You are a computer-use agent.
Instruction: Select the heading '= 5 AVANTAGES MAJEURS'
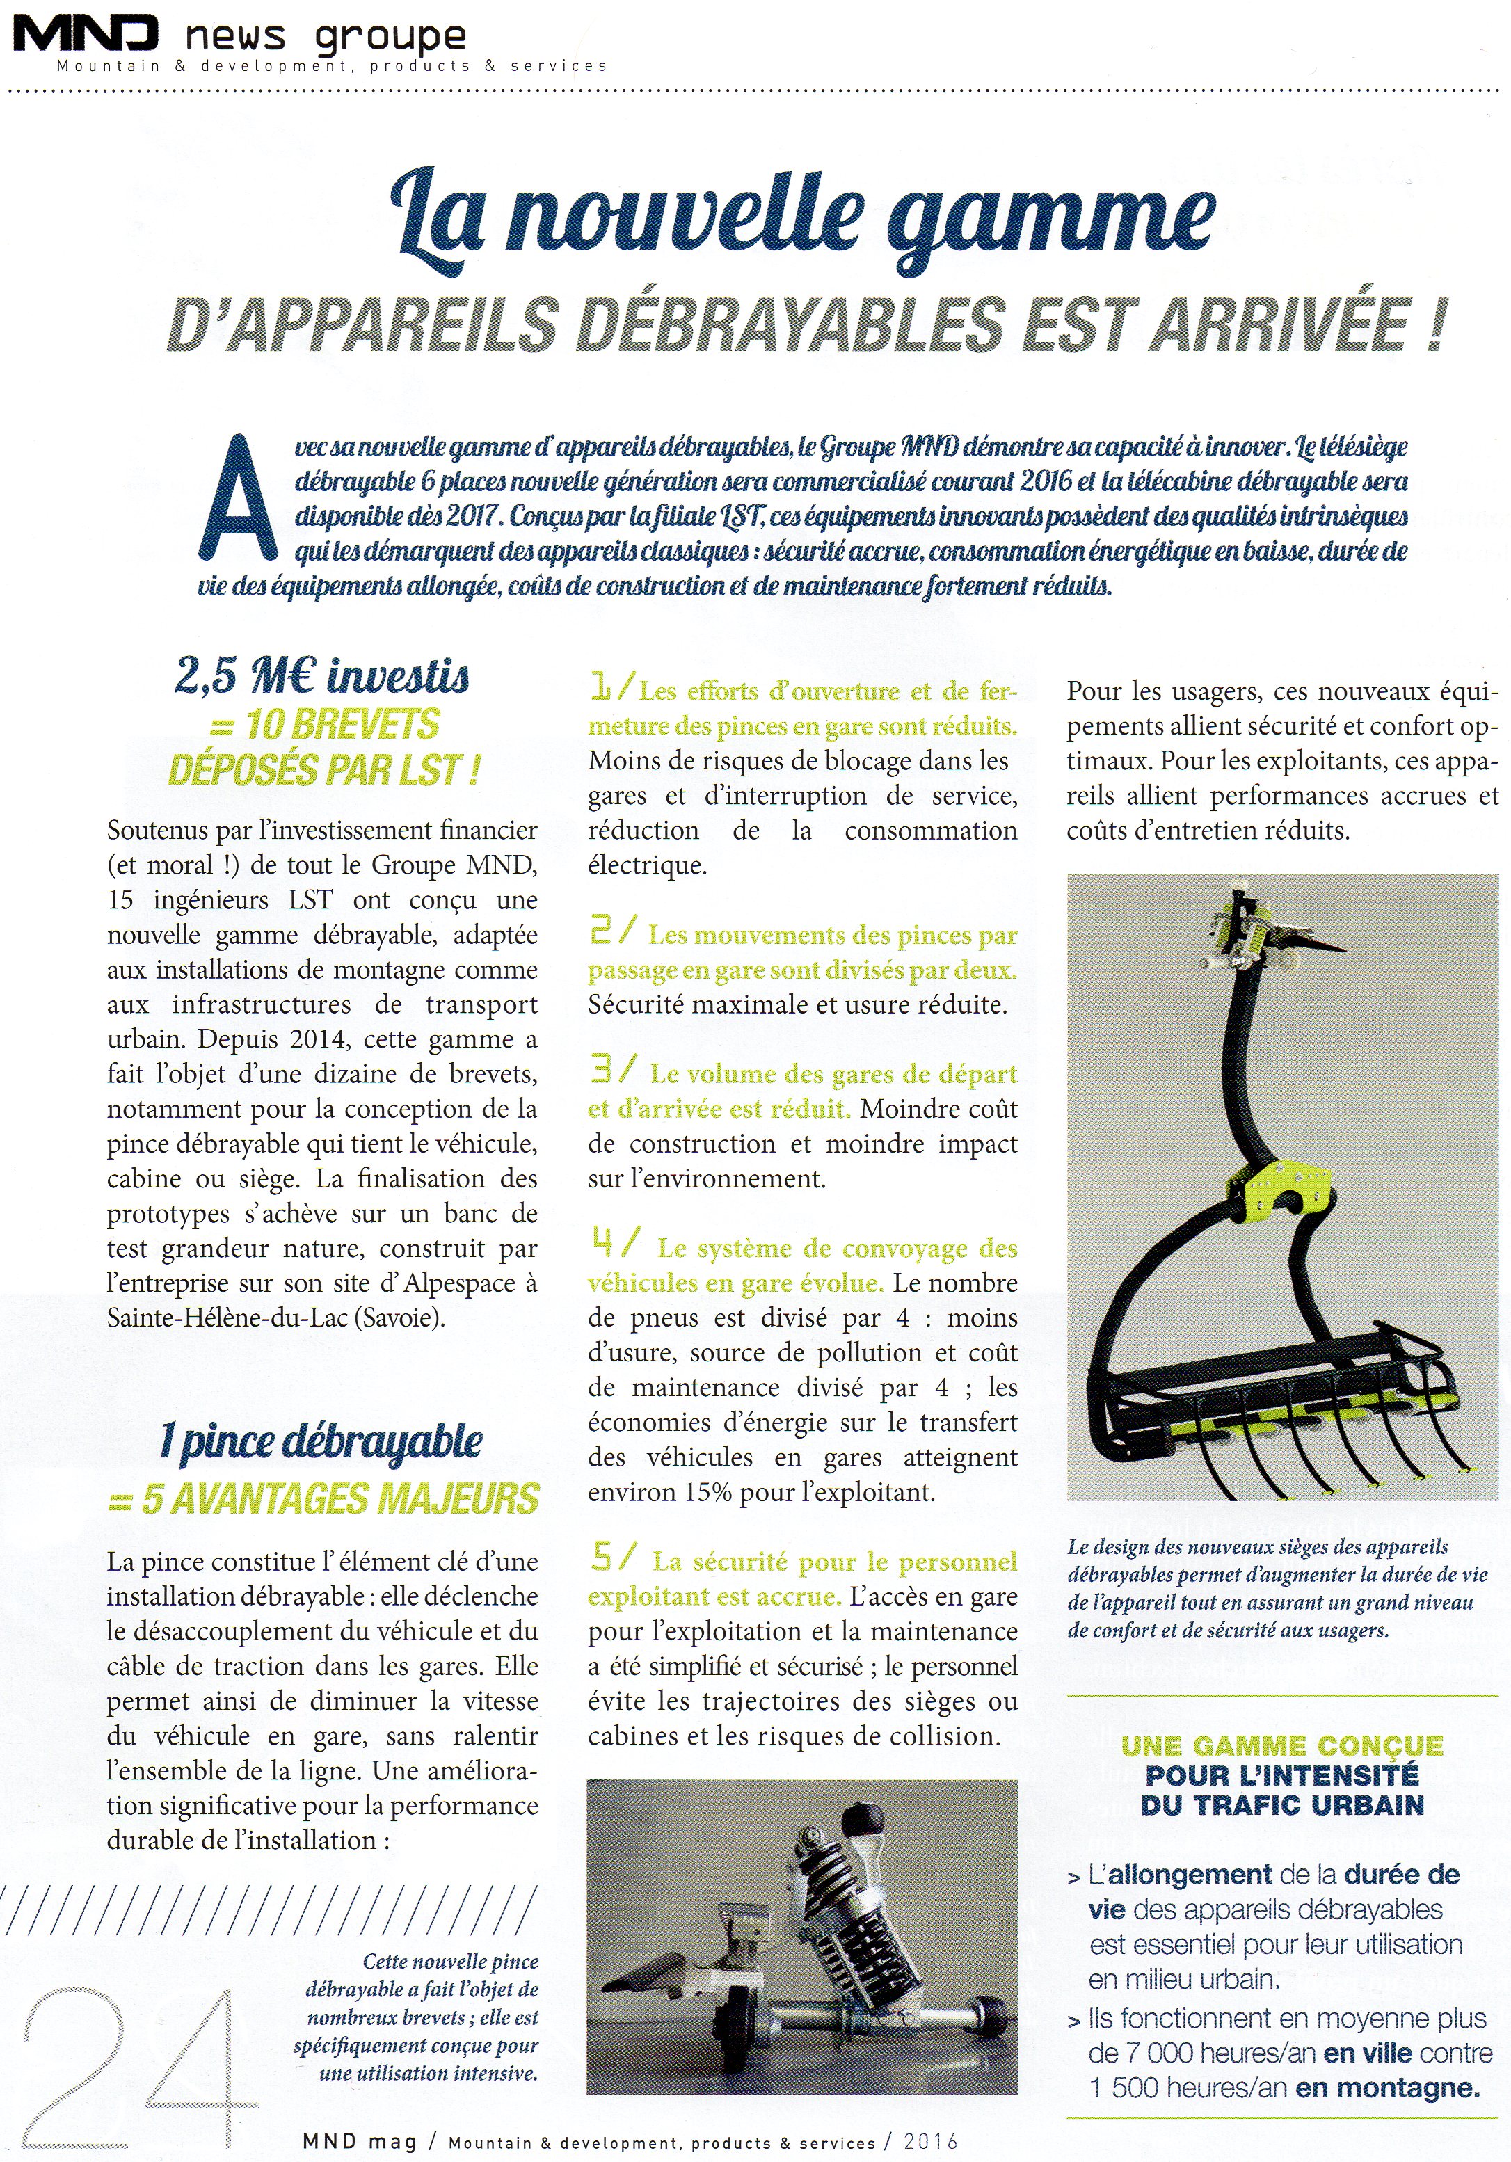(323, 1499)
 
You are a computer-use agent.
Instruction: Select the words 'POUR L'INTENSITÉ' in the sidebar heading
(1281, 1775)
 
